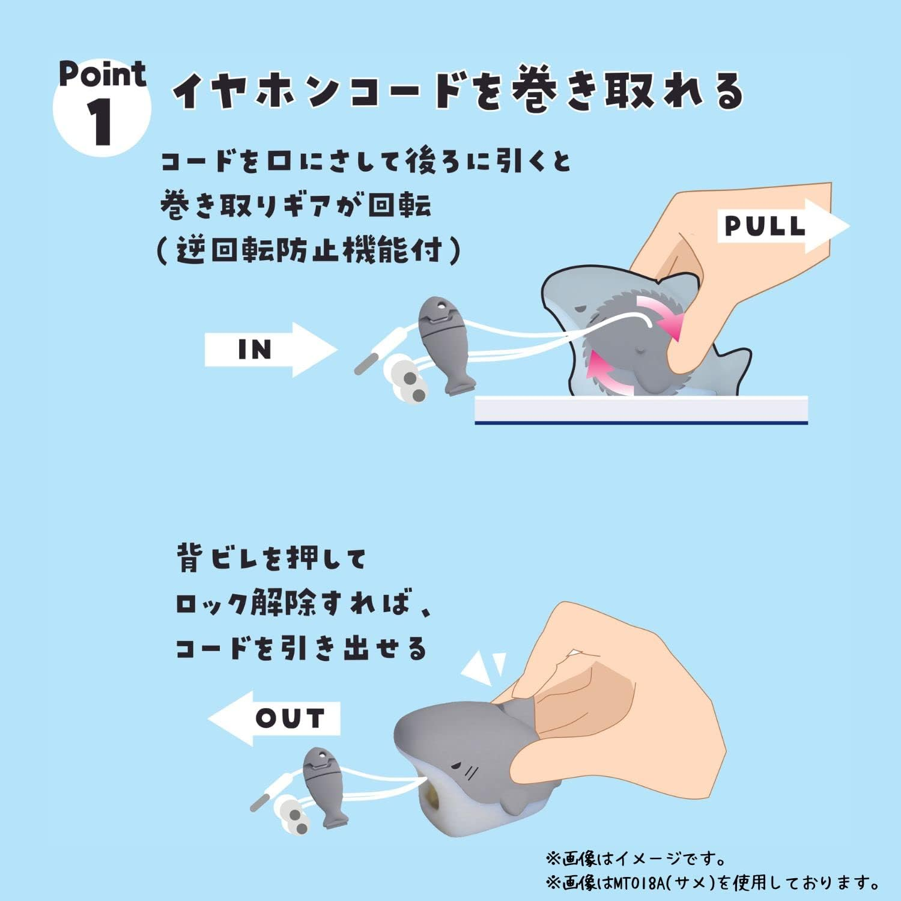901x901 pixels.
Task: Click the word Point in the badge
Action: (102, 74)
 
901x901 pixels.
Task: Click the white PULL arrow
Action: (781, 226)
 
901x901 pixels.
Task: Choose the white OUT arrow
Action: (276, 718)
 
